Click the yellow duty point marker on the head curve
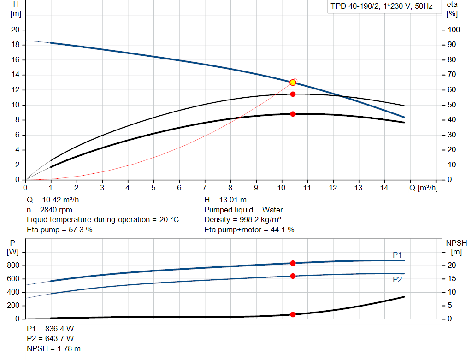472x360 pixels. (x=293, y=83)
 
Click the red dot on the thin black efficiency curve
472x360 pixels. (x=293, y=94)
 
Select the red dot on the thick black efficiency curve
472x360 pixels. (x=293, y=114)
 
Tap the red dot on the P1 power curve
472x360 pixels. (x=293, y=263)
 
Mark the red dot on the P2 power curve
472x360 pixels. (x=293, y=276)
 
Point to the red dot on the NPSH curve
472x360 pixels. (x=293, y=314)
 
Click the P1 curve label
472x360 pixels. (x=397, y=255)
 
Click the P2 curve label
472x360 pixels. (x=397, y=279)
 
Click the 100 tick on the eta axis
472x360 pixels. (x=454, y=30)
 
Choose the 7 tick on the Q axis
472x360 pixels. (x=205, y=188)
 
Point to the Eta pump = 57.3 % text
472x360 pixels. (x=59, y=230)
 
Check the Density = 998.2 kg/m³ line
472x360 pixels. (x=242, y=220)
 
